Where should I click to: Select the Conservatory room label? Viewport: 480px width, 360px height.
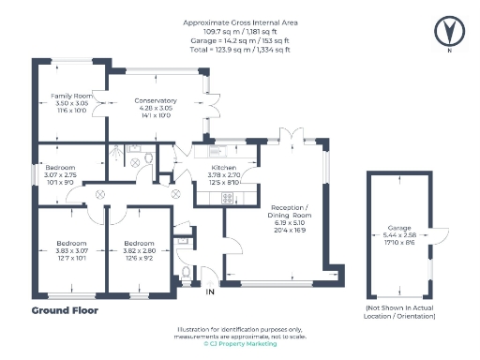155,100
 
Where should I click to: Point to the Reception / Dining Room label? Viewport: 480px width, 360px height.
291,213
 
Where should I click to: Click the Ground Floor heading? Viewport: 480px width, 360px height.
65,309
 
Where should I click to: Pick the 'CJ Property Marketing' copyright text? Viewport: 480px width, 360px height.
239,344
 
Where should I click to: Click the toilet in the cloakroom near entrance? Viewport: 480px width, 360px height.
187,273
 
